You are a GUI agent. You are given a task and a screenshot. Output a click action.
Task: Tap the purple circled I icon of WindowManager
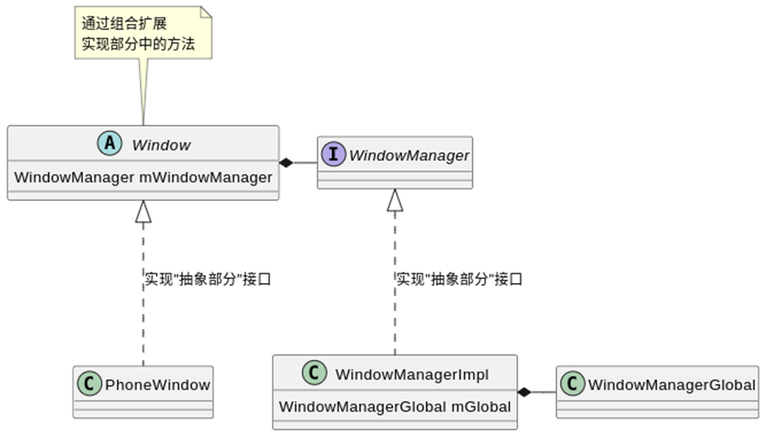pyautogui.click(x=334, y=156)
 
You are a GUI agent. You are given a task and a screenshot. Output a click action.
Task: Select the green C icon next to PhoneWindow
pyautogui.click(x=90, y=385)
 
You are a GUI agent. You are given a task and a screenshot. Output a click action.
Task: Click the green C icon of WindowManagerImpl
pyautogui.click(x=314, y=374)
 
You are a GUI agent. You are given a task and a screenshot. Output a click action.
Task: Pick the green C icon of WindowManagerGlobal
pyautogui.click(x=573, y=385)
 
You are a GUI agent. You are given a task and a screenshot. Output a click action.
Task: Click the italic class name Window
pyautogui.click(x=161, y=144)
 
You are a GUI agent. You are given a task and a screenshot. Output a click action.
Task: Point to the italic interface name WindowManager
pyautogui.click(x=408, y=156)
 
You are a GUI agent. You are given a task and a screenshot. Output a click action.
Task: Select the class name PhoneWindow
pyautogui.click(x=157, y=385)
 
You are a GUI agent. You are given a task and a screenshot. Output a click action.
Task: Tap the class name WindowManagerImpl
pyautogui.click(x=412, y=374)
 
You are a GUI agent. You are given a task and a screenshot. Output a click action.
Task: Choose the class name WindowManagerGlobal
pyautogui.click(x=671, y=385)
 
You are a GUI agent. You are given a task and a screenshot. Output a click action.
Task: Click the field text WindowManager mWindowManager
pyautogui.click(x=143, y=178)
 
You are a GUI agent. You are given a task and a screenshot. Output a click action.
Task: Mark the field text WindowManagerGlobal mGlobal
pyautogui.click(x=395, y=407)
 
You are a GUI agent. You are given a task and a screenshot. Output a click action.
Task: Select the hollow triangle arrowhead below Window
pyautogui.click(x=143, y=211)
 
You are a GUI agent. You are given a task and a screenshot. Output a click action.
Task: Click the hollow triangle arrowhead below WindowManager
pyautogui.click(x=395, y=201)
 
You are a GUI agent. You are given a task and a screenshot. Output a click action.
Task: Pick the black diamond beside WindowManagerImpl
pyautogui.click(x=525, y=391)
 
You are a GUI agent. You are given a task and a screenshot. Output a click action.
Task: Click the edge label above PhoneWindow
pyautogui.click(x=206, y=279)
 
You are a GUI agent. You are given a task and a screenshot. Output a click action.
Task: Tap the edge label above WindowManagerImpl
pyautogui.click(x=459, y=279)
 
